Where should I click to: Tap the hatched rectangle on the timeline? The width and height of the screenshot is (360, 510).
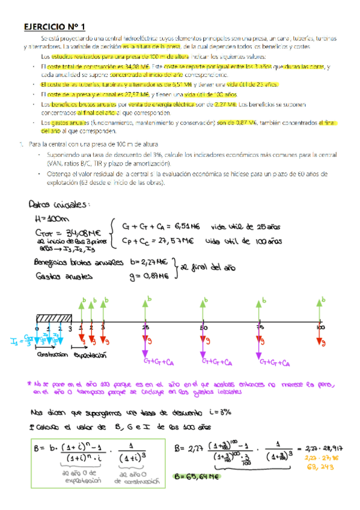click(52, 318)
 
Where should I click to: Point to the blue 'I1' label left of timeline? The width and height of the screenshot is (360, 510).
click(15, 342)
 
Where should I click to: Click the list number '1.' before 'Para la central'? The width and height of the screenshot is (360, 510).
click(21, 144)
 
